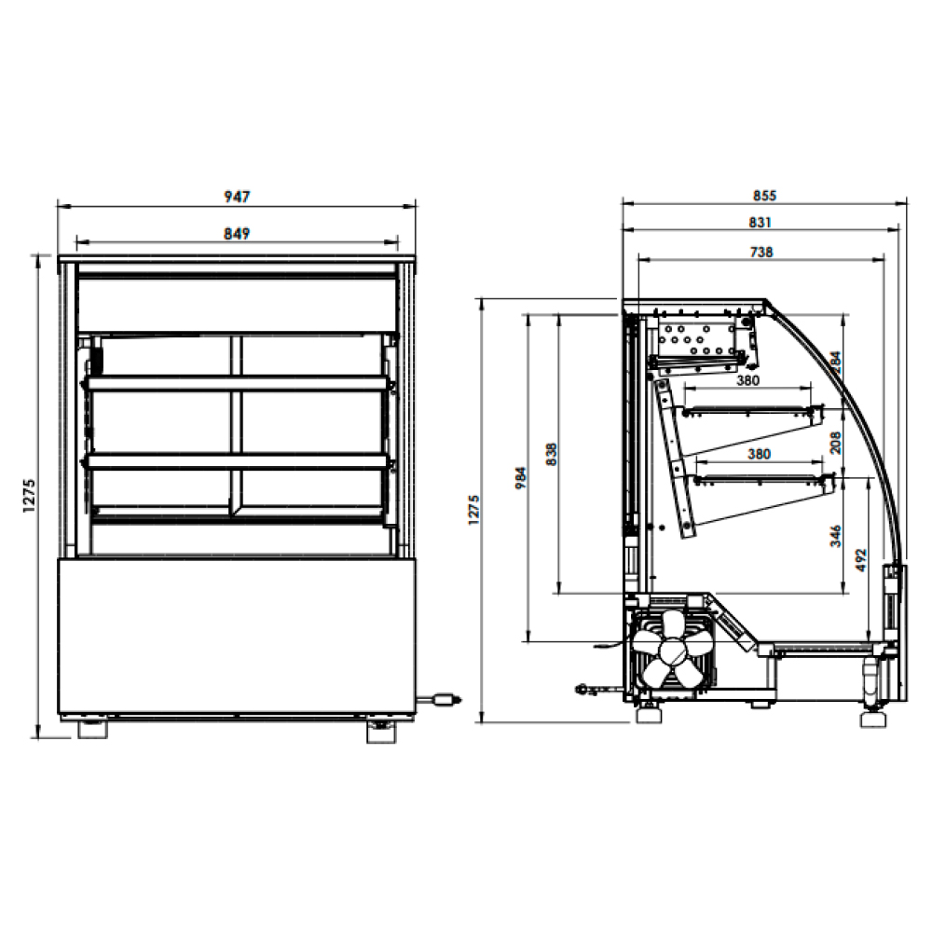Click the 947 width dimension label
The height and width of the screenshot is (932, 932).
click(x=237, y=196)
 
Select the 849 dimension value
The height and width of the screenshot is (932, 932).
click(x=237, y=234)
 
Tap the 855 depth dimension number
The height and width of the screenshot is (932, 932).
click(x=764, y=196)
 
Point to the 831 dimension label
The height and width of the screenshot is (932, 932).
click(x=761, y=223)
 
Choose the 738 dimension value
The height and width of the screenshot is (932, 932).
click(x=761, y=252)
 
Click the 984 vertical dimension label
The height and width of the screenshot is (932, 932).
click(x=521, y=478)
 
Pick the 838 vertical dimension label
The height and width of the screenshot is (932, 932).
click(x=551, y=454)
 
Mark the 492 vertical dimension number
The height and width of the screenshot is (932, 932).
click(x=860, y=560)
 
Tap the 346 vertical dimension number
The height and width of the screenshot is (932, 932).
click(x=836, y=536)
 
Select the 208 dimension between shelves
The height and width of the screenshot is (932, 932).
click(x=836, y=443)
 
